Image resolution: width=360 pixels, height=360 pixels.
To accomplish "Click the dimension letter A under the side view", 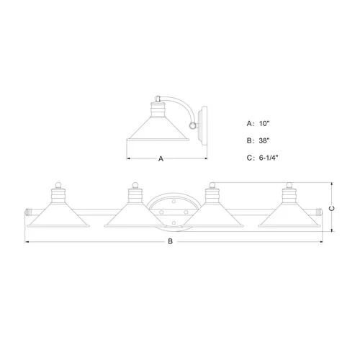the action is tap(161, 158).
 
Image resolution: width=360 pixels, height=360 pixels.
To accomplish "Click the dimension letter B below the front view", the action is tap(170, 241).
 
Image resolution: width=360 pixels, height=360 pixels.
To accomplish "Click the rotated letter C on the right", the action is tap(332, 209).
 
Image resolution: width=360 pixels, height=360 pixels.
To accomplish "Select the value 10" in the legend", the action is tap(264, 124).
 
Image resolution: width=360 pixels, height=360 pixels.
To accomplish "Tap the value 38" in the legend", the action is tap(264, 140).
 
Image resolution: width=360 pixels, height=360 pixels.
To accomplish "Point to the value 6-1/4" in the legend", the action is tap(269, 158).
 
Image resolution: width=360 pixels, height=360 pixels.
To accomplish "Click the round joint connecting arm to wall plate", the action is tap(192, 125).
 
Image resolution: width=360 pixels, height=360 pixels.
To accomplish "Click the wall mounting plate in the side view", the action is tap(203, 125).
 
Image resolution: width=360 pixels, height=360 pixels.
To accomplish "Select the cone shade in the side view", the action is tap(158, 129).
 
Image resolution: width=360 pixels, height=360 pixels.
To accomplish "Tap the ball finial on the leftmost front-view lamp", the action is tap(58, 185).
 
